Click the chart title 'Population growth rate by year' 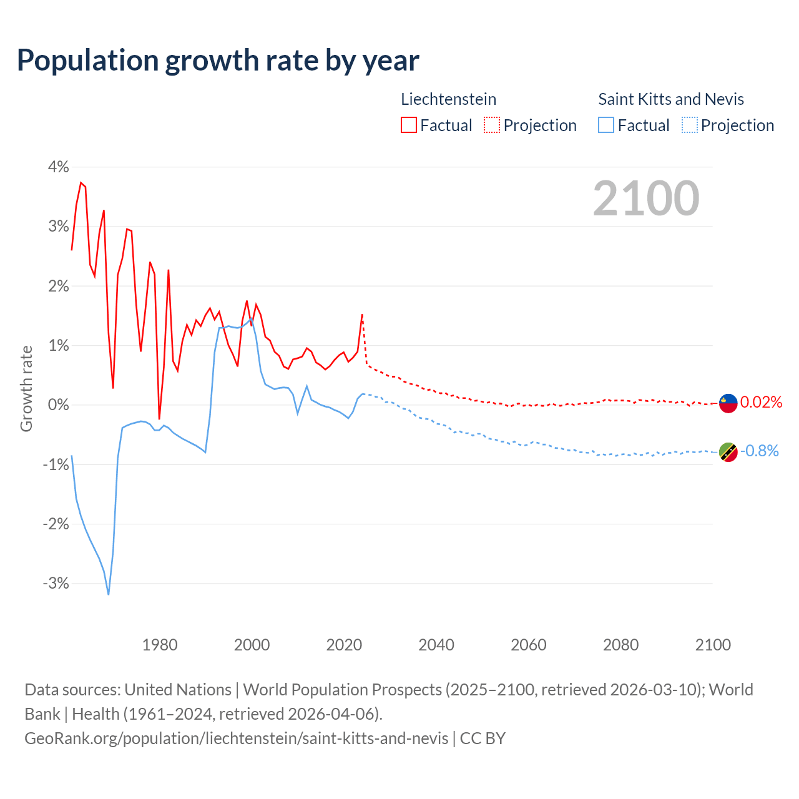tap(218, 61)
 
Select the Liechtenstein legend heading tap(448, 99)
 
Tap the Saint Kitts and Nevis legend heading tap(671, 99)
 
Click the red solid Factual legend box tap(409, 125)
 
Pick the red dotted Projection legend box tap(492, 125)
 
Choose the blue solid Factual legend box tap(606, 125)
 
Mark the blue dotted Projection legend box tap(690, 125)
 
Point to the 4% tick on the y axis tap(57, 167)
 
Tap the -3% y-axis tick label tap(56, 583)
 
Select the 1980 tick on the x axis tap(160, 645)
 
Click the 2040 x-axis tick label tap(436, 645)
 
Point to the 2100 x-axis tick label tap(713, 645)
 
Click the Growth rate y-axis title tap(26, 388)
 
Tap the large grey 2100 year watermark tap(646, 199)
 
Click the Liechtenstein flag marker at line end tap(728, 403)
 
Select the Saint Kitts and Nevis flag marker tap(728, 451)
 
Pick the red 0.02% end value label tap(761, 402)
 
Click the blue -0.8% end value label tap(760, 451)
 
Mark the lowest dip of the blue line tap(109, 594)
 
